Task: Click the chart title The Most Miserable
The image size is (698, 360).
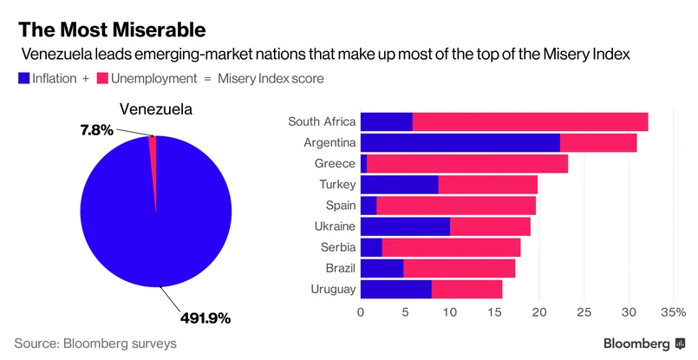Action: tap(112, 29)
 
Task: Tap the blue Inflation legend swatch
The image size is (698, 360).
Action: tap(23, 79)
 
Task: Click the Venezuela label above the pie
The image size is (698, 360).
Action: tap(155, 110)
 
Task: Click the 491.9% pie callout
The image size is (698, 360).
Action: tap(205, 318)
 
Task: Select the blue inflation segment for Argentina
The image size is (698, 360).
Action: tap(460, 142)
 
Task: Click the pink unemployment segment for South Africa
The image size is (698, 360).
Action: tap(530, 121)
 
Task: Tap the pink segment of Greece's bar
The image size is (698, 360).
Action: tap(467, 163)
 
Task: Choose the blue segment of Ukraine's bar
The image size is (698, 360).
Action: tap(405, 226)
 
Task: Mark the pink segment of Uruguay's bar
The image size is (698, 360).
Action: tap(466, 290)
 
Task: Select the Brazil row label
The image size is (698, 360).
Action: tap(337, 268)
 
